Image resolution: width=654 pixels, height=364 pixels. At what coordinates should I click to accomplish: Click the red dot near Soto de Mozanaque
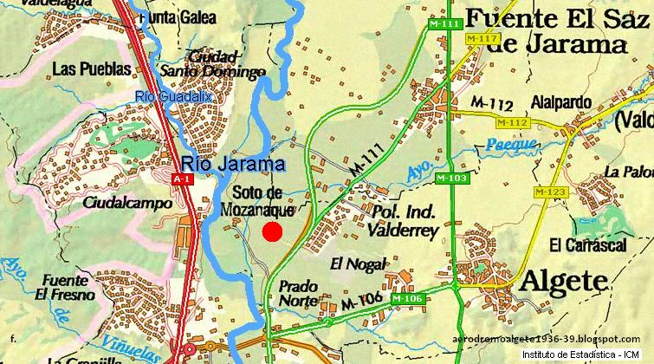pos(272,231)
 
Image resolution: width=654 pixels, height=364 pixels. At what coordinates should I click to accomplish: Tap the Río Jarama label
pos(233,164)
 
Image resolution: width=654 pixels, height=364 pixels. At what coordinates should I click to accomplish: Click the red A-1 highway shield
pos(181,179)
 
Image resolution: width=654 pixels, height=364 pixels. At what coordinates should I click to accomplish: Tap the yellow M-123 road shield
pos(548,191)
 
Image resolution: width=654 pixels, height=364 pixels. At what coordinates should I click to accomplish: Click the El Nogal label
pos(356,263)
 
